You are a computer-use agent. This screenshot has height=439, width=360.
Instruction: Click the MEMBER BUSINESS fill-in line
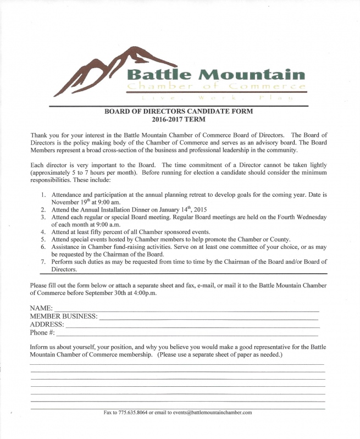[208, 318]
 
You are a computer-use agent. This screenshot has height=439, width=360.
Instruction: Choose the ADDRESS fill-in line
[192, 326]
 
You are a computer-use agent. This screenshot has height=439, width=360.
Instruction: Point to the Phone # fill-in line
[187, 334]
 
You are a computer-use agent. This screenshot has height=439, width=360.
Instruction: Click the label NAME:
[41, 308]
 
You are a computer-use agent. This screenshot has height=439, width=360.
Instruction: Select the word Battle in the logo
[159, 74]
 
